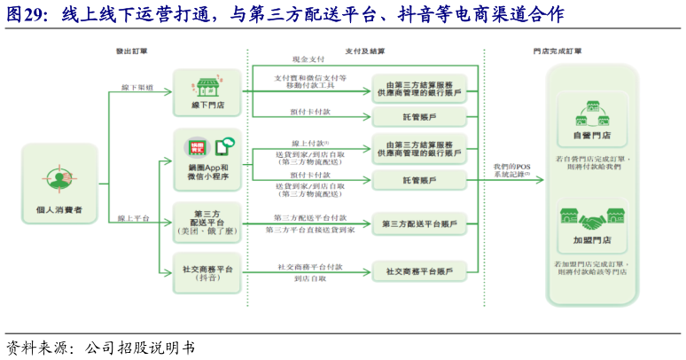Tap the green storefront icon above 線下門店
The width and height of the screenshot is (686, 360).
pos(207,87)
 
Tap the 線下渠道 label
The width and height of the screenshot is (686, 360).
pos(136,88)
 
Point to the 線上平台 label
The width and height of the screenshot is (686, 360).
pos(132,217)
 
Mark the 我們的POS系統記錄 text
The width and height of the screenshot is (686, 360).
pos(512,170)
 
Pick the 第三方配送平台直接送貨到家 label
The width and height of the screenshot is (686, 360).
pos(309,230)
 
